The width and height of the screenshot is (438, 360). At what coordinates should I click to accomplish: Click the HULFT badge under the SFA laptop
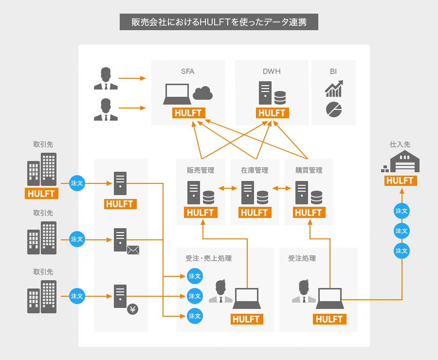click(x=189, y=113)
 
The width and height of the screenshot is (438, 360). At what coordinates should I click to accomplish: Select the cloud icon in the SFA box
click(x=202, y=93)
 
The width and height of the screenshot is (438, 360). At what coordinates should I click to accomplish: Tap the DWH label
click(x=272, y=72)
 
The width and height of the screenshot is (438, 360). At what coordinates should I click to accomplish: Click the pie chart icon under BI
click(x=334, y=109)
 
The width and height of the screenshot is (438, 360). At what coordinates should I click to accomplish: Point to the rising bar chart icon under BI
click(x=334, y=89)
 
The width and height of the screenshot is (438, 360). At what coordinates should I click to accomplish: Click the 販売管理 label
click(x=201, y=170)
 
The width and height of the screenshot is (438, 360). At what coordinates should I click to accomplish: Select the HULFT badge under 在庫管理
click(x=255, y=213)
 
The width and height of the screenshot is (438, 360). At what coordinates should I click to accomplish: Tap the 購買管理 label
click(x=309, y=170)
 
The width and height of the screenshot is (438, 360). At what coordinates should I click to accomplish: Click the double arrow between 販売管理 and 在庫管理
click(x=228, y=189)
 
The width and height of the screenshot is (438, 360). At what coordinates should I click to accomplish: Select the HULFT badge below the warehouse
click(x=401, y=180)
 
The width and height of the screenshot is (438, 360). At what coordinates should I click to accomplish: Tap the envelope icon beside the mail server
click(x=133, y=250)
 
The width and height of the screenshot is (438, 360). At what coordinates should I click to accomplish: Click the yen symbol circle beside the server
click(x=133, y=309)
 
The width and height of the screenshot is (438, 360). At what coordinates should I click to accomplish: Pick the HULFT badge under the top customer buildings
click(x=41, y=194)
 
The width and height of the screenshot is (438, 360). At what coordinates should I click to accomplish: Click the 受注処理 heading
click(x=302, y=258)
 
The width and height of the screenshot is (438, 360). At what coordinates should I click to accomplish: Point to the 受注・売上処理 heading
click(x=209, y=258)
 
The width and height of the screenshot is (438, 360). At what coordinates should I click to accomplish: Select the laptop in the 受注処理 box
click(x=330, y=298)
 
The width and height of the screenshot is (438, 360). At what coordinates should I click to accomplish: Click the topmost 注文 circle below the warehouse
click(x=401, y=211)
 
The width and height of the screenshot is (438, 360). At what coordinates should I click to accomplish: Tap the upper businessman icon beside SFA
click(x=106, y=78)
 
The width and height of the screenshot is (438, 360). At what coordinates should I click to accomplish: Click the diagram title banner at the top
click(x=219, y=22)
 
